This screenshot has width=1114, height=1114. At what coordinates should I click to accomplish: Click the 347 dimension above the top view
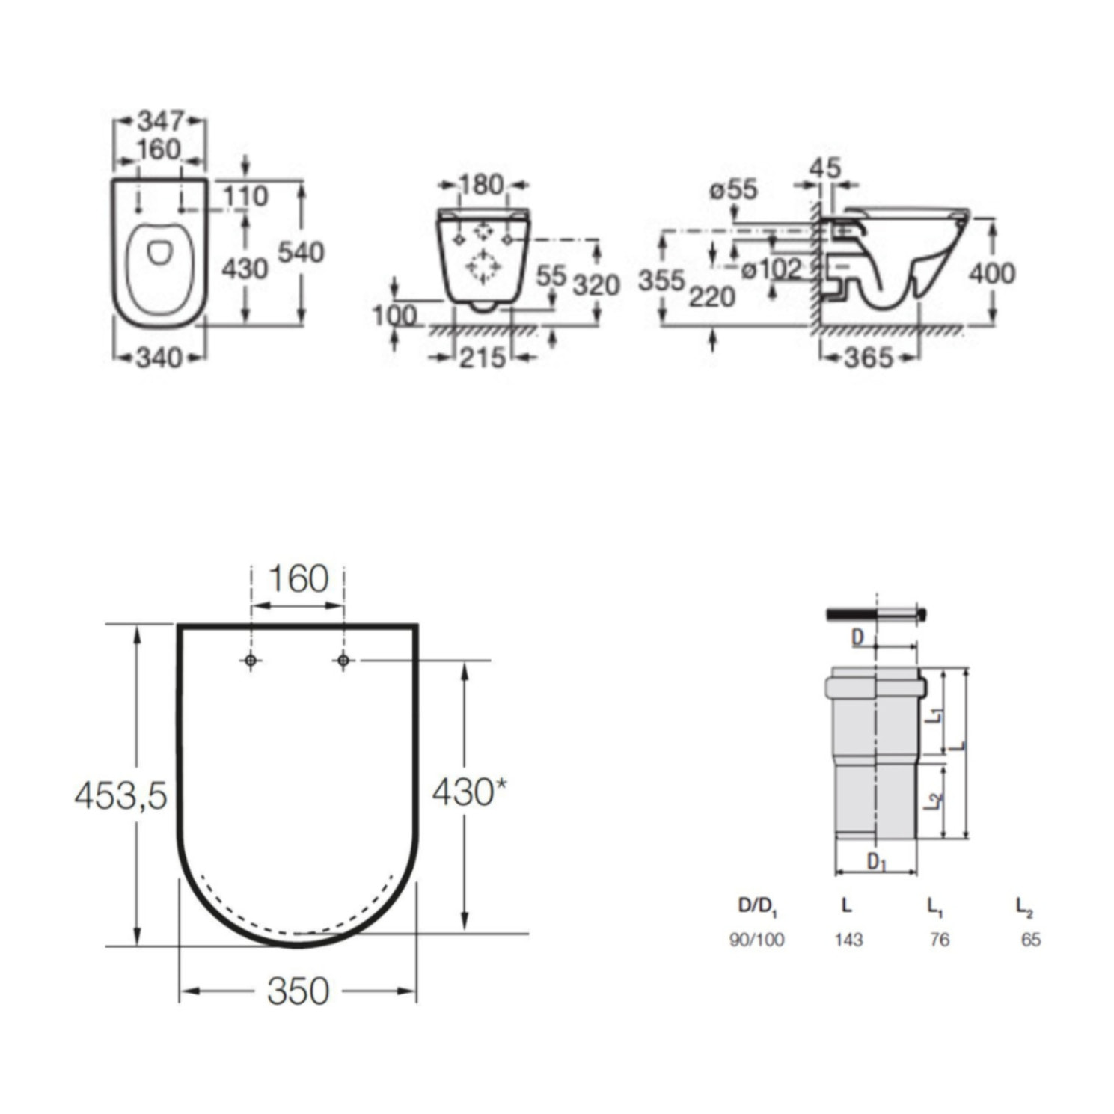pos(161,120)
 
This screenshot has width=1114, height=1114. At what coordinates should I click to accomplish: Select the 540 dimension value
pos(301,252)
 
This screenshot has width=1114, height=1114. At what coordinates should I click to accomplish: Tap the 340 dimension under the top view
pos(159,358)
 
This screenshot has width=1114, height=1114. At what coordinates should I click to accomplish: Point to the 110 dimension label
pos(245,196)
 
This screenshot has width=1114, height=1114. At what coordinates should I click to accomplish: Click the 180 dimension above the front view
pos(480,184)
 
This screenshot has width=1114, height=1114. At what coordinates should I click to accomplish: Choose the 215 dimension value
pos(482,358)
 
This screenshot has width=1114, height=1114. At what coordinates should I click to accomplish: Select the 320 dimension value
pos(596,285)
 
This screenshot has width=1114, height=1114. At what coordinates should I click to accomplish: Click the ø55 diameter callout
pos(733,189)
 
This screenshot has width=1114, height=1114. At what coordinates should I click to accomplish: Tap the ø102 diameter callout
pos(771,269)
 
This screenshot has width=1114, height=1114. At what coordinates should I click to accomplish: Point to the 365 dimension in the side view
pos(869,358)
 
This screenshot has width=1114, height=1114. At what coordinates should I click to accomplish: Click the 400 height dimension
pos(992,273)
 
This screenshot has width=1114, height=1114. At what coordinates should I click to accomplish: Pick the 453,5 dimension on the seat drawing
pos(120,795)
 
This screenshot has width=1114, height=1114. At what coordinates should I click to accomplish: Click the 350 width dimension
pos(298,991)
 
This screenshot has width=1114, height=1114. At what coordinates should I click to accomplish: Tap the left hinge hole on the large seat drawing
pos(251,661)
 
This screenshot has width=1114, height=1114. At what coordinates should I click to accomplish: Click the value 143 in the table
pos(848,939)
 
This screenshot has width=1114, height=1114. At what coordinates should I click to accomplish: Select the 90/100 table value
pos(756,939)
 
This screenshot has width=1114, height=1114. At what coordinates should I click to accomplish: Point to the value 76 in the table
pos(939,939)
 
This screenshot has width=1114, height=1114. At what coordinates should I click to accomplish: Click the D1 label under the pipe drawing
pos(876,862)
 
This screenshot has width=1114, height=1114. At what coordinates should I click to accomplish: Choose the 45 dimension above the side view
pos(825,168)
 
